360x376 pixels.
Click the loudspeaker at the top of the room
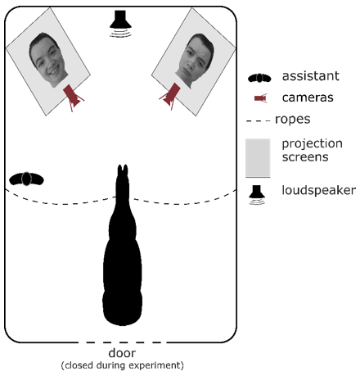point(120,23)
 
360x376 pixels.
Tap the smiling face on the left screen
point(48,60)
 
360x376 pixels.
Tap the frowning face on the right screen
point(195,61)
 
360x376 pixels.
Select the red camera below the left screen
point(73,97)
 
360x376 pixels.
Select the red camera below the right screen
point(170,97)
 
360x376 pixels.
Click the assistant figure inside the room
point(26,179)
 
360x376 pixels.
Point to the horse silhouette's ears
point(123,170)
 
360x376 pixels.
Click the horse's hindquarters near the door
point(123,303)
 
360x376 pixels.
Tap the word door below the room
point(122,353)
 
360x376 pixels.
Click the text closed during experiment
point(122,365)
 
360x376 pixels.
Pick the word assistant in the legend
point(311,76)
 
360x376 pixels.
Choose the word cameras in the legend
point(308,97)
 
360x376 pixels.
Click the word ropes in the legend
point(293,120)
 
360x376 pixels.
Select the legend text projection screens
point(312,150)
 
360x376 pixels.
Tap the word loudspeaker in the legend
point(318,190)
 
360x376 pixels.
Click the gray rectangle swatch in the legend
point(258,158)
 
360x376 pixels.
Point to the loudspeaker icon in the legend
point(257,194)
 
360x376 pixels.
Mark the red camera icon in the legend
point(261,98)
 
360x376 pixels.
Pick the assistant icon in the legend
point(259,78)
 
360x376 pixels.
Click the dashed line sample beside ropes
point(258,120)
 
